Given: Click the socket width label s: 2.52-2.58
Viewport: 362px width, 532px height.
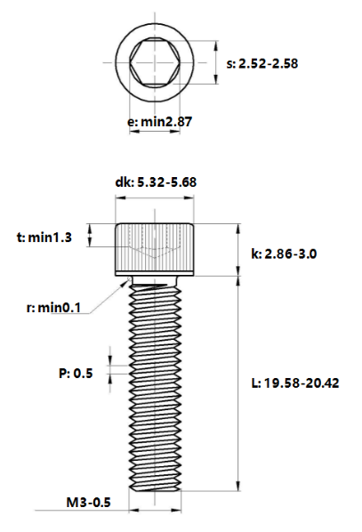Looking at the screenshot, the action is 262,64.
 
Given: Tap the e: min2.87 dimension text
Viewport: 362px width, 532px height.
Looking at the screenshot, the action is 160,122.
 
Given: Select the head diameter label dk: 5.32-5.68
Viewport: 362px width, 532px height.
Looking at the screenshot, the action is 156,182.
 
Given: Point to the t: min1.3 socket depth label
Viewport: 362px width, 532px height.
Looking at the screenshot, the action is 44,238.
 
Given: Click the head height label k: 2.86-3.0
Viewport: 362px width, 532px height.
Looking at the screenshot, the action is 284,254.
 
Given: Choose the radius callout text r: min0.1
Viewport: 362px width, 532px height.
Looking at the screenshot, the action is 53,308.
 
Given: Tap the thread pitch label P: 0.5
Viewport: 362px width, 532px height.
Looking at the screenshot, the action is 76,374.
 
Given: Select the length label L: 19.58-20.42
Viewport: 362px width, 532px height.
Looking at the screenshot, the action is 295,383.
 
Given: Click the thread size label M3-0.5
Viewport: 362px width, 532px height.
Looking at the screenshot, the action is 89,502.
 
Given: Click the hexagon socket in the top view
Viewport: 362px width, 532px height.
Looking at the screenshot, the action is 155,62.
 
